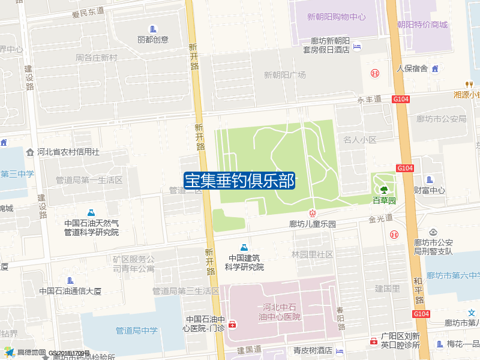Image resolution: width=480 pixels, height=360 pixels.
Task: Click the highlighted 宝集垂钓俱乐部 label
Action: pos(239,181)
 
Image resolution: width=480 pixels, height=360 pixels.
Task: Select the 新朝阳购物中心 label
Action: pos(336,16)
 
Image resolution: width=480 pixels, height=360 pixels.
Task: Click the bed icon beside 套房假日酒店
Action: pos(358,46)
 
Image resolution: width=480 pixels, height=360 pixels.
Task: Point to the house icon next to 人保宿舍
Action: pos(435,68)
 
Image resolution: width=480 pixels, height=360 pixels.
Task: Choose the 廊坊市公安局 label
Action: pos(441,119)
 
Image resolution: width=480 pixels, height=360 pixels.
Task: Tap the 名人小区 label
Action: pos(359,140)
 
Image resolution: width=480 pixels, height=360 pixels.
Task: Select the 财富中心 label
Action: pos(430,190)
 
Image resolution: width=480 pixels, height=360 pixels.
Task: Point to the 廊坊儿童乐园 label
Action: pos(312,224)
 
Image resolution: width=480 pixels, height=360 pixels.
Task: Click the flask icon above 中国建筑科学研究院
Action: pos(244,247)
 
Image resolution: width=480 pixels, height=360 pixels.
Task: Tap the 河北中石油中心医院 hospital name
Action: pos(280,311)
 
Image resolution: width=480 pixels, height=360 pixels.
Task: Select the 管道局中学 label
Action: pos(136,330)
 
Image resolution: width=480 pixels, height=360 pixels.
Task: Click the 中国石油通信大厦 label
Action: pos(70,291)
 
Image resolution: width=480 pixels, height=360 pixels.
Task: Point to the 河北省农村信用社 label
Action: pos(68,152)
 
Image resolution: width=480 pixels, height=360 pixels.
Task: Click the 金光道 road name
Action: pos(380,218)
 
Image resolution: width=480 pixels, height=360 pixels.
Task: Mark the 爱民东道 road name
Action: pos(88,11)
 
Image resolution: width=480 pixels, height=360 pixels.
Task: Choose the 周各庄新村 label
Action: pos(96,58)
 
